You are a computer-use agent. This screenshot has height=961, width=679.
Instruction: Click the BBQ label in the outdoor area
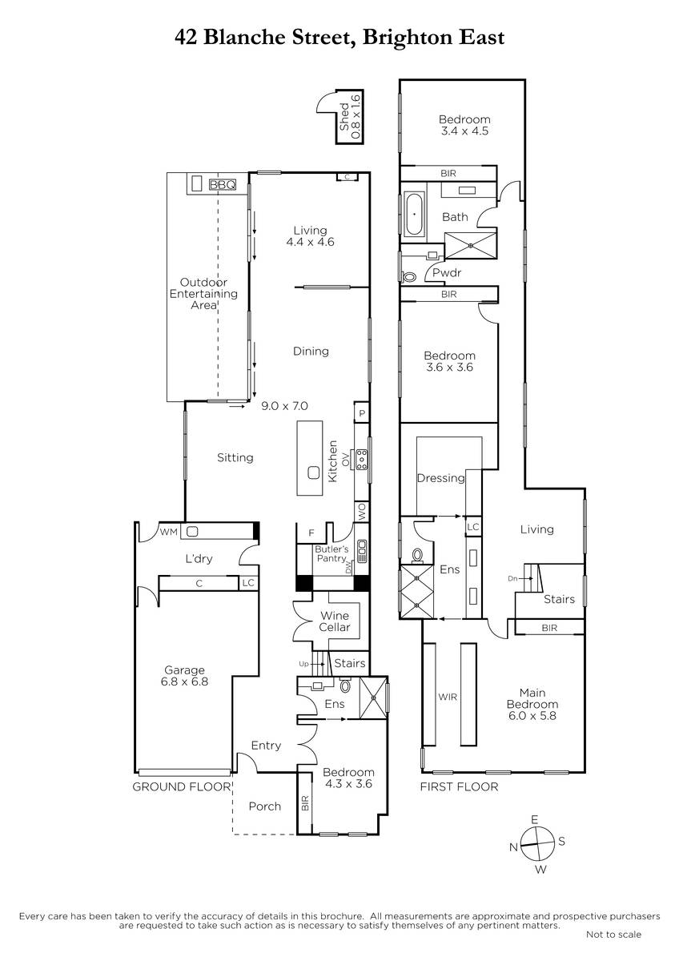pyautogui.click(x=223, y=185)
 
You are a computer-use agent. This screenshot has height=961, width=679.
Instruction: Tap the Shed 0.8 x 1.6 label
pyautogui.click(x=350, y=117)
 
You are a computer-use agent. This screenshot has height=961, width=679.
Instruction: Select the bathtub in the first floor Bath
pyautogui.click(x=414, y=214)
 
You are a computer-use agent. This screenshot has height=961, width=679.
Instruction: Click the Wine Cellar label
pyautogui.click(x=335, y=621)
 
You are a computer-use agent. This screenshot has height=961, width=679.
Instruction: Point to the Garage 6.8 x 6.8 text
pyautogui.click(x=184, y=676)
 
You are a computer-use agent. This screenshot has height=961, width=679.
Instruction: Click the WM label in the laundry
pyautogui.click(x=169, y=532)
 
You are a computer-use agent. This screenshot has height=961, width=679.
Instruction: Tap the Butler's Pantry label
pyautogui.click(x=331, y=553)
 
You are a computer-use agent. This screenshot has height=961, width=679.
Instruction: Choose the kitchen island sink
pyautogui.click(x=314, y=472)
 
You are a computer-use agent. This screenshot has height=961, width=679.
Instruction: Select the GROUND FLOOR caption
pyautogui.click(x=181, y=786)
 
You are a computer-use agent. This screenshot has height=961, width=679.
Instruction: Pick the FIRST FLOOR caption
pyautogui.click(x=459, y=786)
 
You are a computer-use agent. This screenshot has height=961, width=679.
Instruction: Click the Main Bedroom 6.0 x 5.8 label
pyautogui.click(x=532, y=704)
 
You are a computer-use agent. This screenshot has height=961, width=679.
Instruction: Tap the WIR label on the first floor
pyautogui.click(x=448, y=698)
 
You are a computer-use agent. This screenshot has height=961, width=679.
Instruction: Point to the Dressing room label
pyautogui.click(x=440, y=478)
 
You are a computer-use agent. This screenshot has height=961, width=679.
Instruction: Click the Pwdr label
pyautogui.click(x=447, y=272)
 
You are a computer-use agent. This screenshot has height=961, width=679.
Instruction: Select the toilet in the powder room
pyautogui.click(x=409, y=277)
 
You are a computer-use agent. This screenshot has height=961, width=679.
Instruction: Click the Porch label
pyautogui.click(x=265, y=806)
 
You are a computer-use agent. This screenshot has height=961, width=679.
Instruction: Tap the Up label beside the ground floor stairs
pyautogui.click(x=303, y=664)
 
